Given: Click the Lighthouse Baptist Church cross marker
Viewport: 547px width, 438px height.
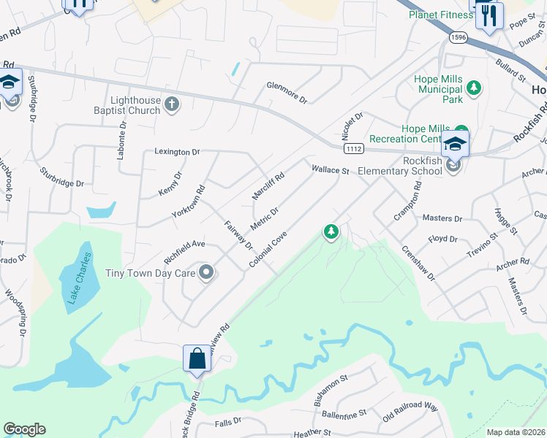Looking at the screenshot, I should (x=172, y=104).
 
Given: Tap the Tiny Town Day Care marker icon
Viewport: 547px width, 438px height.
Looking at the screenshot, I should (x=206, y=274).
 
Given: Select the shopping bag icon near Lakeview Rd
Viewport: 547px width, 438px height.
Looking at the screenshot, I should (x=197, y=358).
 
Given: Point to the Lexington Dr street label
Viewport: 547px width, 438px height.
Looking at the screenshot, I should (x=177, y=152).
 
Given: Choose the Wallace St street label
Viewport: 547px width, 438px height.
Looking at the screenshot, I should (x=330, y=169).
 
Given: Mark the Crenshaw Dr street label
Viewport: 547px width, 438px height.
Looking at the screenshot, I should (x=418, y=262).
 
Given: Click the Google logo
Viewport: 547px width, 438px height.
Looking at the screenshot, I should (x=24, y=429).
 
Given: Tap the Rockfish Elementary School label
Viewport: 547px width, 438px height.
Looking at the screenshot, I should (x=403, y=166).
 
